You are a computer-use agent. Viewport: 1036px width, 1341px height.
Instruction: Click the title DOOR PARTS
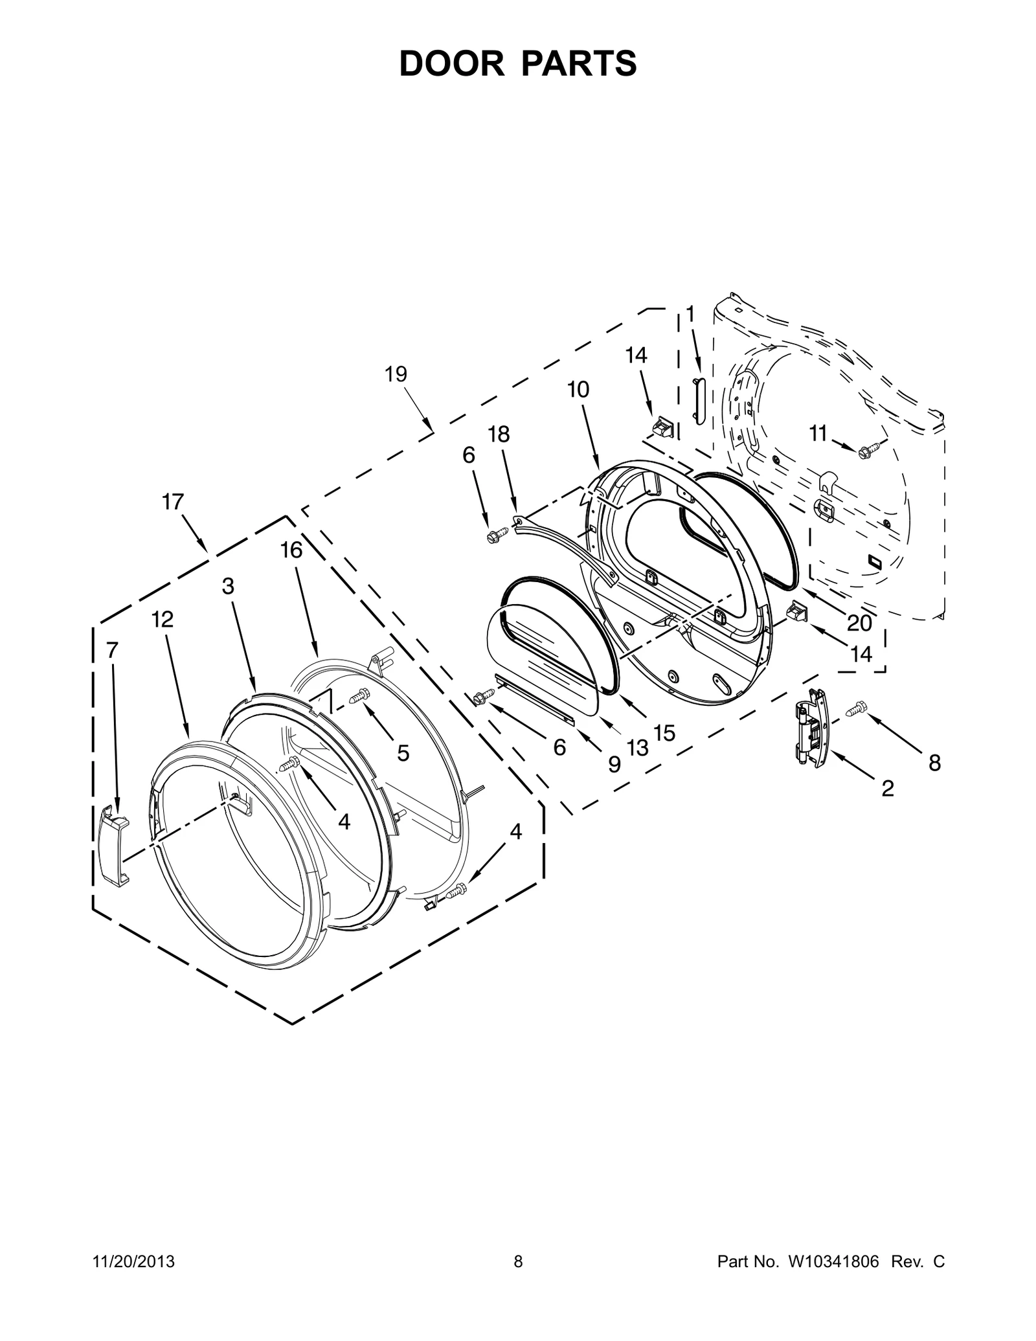pyautogui.click(x=518, y=64)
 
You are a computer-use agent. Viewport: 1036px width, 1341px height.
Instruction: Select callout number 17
pyautogui.click(x=173, y=502)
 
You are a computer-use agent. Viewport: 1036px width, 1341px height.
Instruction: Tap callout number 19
pyautogui.click(x=396, y=374)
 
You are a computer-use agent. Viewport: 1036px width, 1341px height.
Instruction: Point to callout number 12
pyautogui.click(x=163, y=620)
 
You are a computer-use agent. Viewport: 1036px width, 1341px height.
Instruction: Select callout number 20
pyautogui.click(x=859, y=623)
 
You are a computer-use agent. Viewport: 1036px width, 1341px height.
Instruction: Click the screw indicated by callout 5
pyautogui.click(x=359, y=697)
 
